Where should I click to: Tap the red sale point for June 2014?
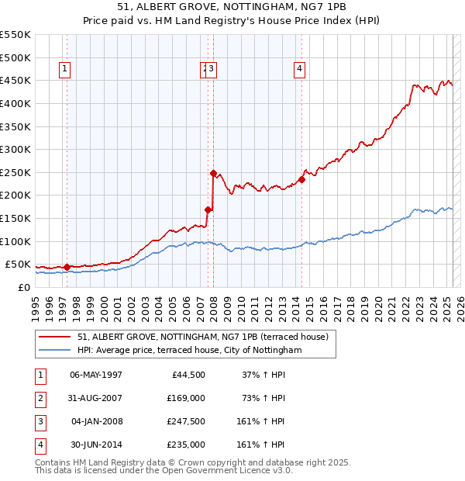click(302, 179)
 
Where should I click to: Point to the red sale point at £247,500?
click(212, 174)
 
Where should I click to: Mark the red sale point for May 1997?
click(67, 267)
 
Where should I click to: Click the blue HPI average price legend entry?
click(189, 350)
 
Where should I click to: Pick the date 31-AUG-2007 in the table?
click(96, 398)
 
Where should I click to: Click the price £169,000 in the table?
click(186, 398)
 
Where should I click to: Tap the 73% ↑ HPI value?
click(264, 398)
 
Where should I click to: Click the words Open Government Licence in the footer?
click(220, 470)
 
